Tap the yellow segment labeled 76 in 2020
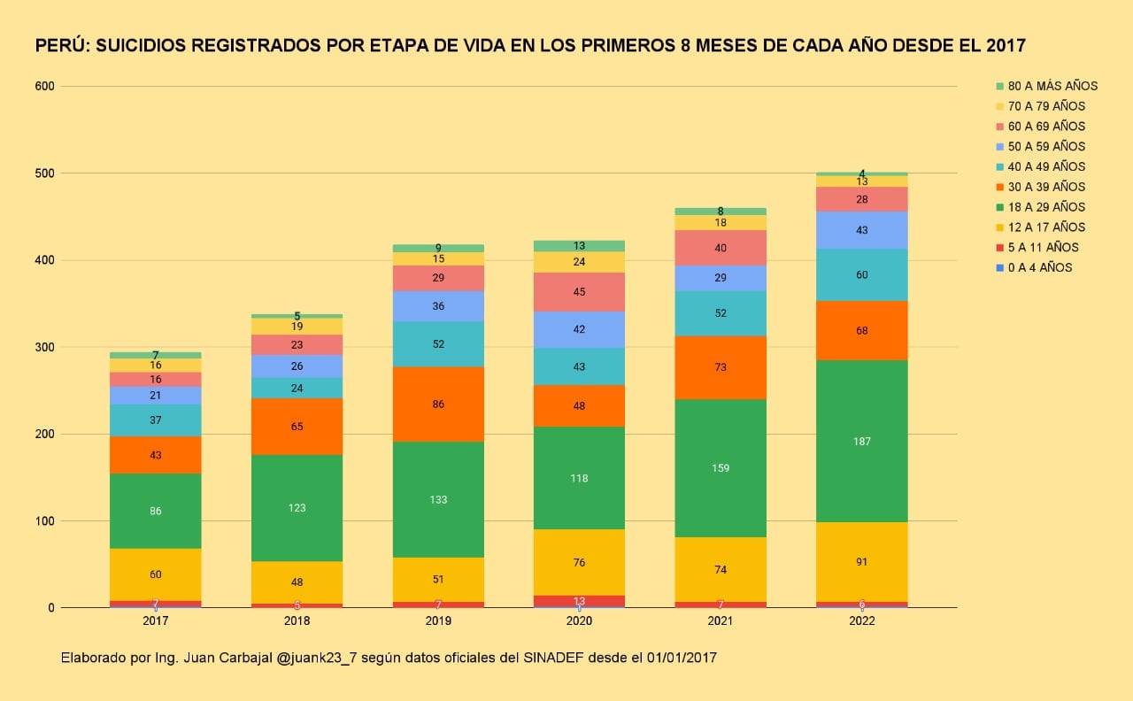coord(580,562)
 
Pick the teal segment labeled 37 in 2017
coord(156,420)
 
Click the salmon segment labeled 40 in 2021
coord(721,248)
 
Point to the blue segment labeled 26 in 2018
coord(297,366)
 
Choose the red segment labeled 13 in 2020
coord(580,602)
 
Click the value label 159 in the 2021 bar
coord(721,468)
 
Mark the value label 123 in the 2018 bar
coord(297,508)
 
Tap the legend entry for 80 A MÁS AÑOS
coord(1052,86)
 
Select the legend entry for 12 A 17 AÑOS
coord(1046,227)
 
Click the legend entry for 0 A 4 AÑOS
coord(1039,267)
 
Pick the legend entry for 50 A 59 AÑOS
coord(1046,146)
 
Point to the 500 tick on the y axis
coord(45,173)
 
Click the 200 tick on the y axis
coord(45,435)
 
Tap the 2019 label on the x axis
coord(438,621)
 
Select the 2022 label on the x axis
coord(862,621)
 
